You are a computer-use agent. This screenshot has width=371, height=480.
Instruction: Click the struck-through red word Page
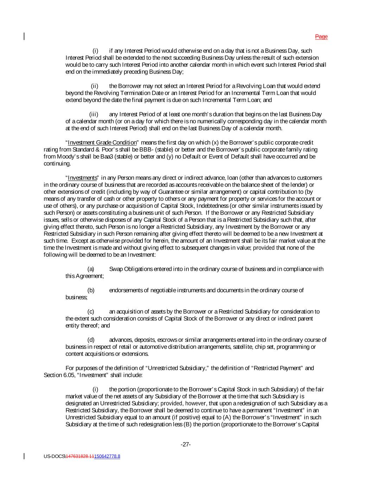(x=321, y=37)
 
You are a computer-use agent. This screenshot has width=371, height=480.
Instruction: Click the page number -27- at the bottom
(x=186, y=444)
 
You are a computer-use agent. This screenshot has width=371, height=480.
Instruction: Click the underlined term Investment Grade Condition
(x=102, y=142)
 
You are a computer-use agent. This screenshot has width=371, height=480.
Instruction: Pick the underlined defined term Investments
(x=82, y=178)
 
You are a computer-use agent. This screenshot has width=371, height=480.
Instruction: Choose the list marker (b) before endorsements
(x=91, y=290)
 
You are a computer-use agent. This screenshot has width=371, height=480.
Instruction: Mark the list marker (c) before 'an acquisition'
(x=91, y=311)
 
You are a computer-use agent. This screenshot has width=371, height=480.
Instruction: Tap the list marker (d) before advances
(x=91, y=340)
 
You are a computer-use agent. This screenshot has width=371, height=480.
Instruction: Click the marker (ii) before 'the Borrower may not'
(x=94, y=86)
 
